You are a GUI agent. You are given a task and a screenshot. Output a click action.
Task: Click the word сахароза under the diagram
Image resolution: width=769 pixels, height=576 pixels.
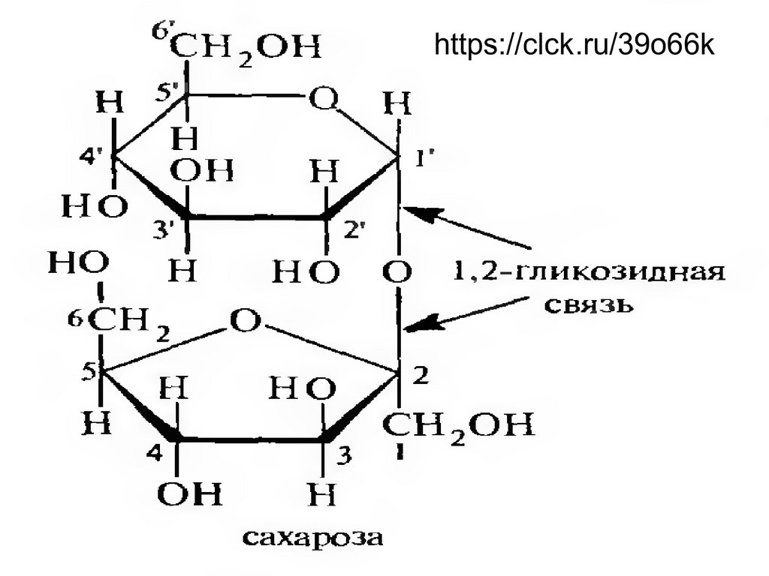pyautogui.click(x=313, y=537)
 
